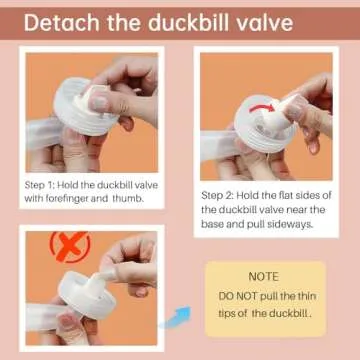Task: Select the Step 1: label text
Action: click(x=42, y=185)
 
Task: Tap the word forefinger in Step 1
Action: click(x=73, y=198)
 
